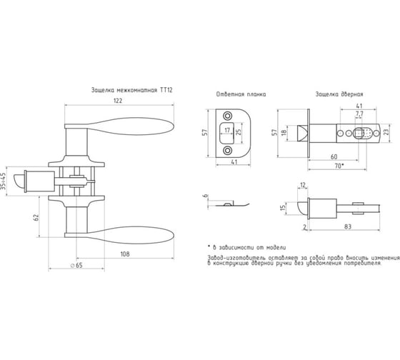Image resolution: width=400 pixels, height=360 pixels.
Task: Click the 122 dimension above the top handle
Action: pos(118,101)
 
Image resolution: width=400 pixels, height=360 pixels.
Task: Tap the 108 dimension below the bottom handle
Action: pos(125,254)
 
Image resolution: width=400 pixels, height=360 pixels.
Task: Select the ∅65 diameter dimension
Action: pos(76,265)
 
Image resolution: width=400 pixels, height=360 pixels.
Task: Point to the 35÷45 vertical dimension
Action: pos(3,181)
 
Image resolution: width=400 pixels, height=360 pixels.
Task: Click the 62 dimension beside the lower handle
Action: pos(36,217)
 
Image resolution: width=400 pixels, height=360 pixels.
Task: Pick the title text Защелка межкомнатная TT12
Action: pos(132,90)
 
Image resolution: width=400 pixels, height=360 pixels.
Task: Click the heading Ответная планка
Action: pos(241,94)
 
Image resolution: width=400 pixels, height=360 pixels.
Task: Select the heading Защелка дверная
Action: pos(339,94)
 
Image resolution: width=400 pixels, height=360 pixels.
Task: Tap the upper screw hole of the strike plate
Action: pos(228,116)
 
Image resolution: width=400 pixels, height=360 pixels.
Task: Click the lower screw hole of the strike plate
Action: pos(228,150)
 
